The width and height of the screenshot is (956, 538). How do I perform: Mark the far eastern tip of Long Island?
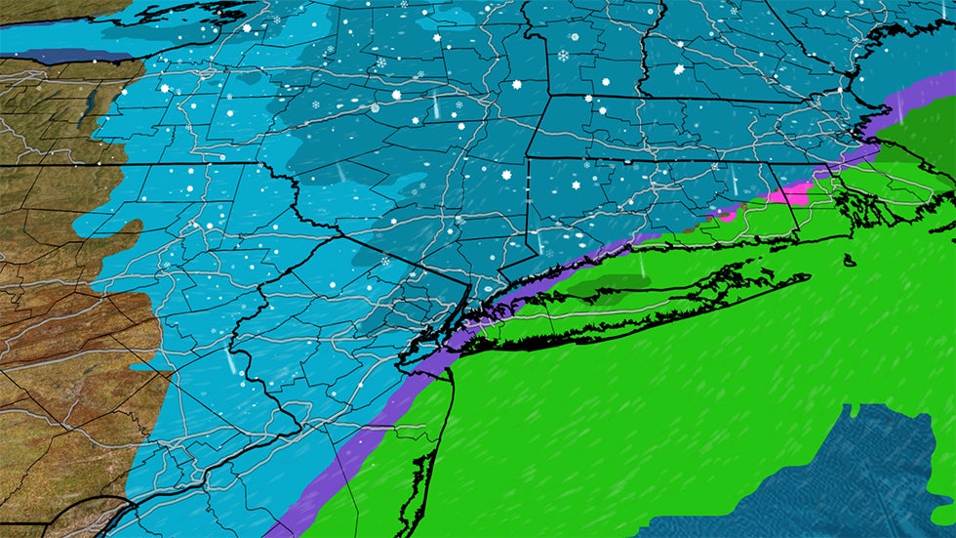coord(808,276)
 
